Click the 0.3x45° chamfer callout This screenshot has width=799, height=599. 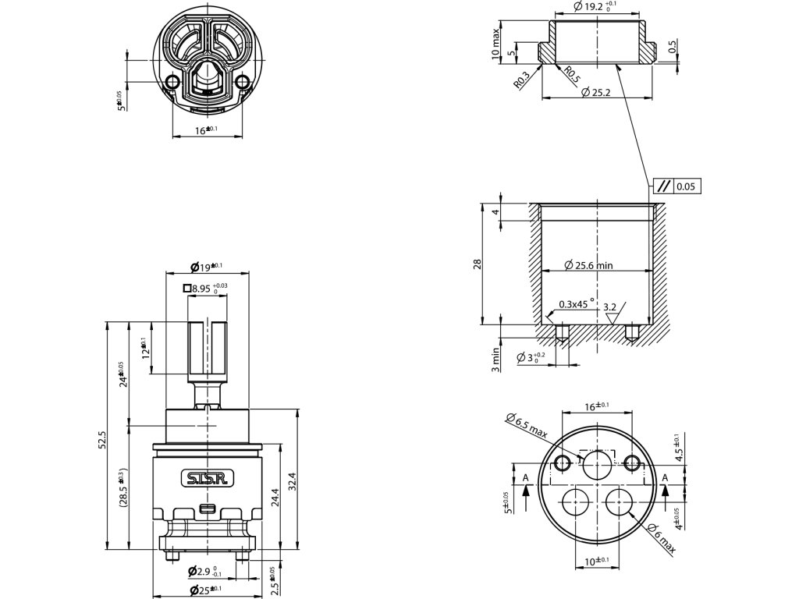tap(577, 305)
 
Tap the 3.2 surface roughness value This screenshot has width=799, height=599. tap(610, 307)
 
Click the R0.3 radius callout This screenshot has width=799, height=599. tap(522, 80)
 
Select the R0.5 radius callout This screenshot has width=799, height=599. tap(572, 76)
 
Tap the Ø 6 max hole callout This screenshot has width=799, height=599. tap(660, 537)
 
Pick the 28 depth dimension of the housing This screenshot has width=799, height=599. tap(478, 264)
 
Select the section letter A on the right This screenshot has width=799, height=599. tap(665, 477)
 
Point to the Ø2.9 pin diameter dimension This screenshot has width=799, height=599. tap(206, 573)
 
